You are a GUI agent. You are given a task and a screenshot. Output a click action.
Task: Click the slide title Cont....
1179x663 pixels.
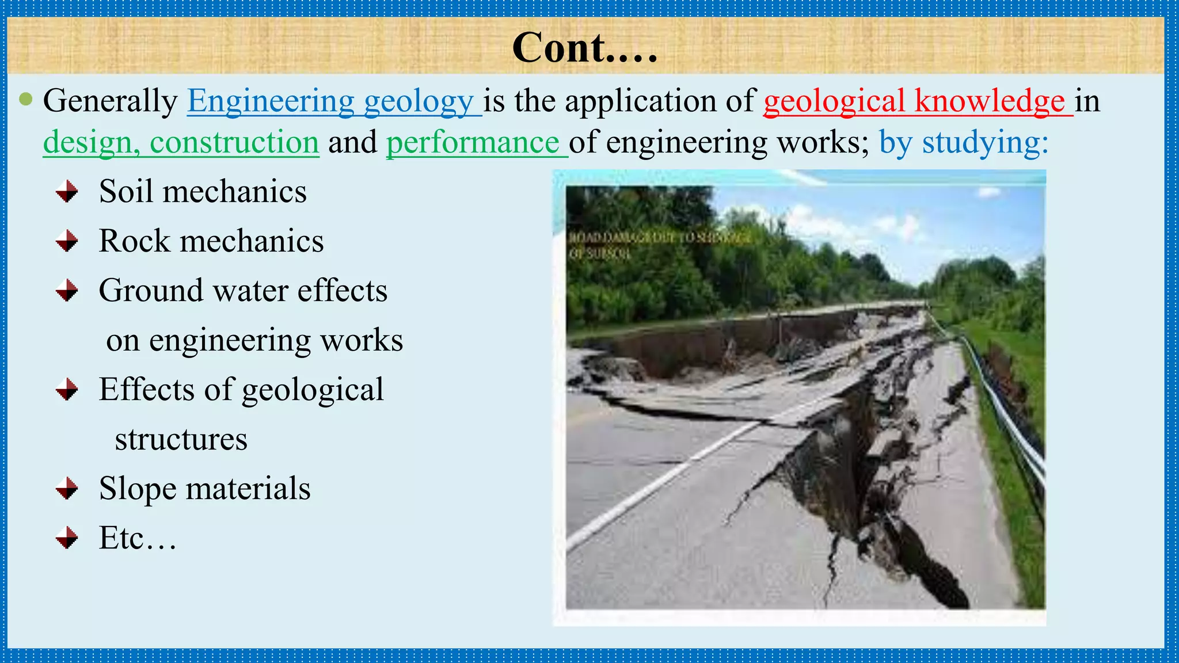point(584,48)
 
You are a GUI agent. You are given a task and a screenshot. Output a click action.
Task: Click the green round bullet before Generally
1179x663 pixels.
point(25,100)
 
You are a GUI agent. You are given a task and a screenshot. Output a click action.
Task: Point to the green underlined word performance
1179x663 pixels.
point(473,142)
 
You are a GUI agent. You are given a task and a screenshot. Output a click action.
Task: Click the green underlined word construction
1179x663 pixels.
point(234,142)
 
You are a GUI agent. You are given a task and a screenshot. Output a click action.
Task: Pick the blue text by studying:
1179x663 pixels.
point(963,142)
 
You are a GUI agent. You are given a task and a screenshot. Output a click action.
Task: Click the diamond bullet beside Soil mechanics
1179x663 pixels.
point(67,192)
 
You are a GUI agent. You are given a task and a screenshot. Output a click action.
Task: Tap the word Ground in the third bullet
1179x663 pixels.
point(151,291)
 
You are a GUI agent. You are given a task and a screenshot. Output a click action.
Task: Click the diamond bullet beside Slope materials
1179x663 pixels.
point(67,489)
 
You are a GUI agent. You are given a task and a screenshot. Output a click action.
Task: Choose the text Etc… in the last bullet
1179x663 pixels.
point(137,538)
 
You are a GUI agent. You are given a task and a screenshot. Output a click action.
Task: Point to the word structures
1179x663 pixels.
point(181,440)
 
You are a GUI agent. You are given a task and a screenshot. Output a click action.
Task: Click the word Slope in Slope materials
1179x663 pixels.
point(138,489)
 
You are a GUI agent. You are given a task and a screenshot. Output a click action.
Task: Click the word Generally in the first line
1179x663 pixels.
point(110,101)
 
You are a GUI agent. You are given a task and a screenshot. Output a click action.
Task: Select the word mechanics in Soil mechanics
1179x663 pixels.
point(234,192)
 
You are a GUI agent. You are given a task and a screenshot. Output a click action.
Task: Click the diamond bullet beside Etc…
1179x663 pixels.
point(67,538)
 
